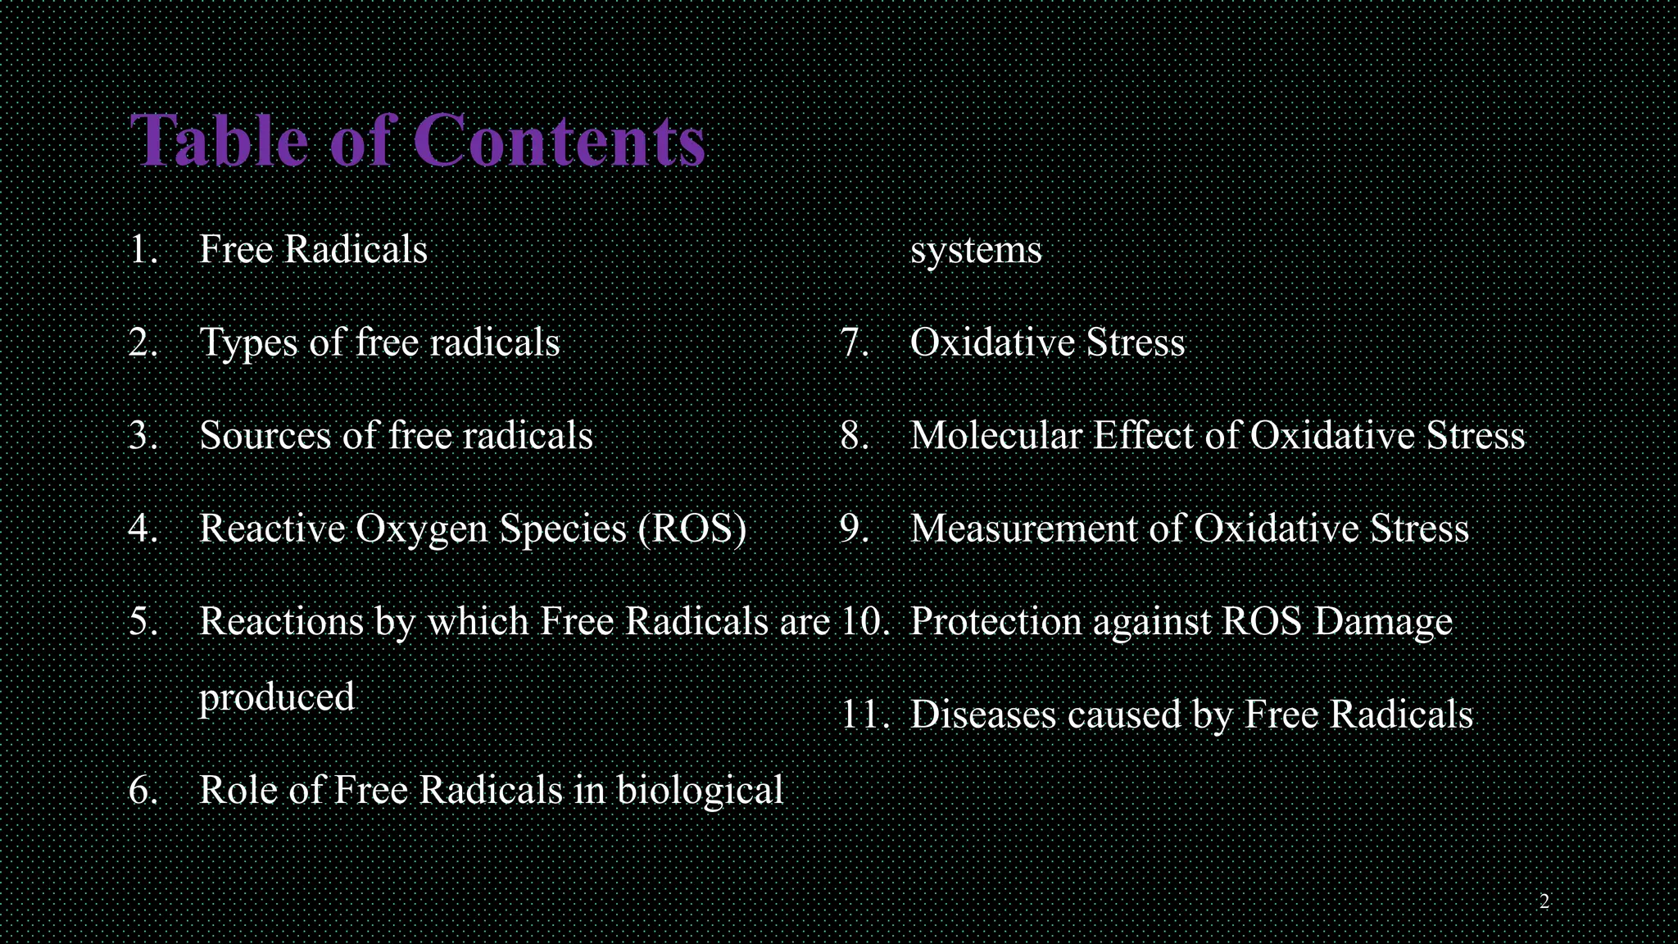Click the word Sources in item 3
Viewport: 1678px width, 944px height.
(264, 435)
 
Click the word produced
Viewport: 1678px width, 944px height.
(277, 698)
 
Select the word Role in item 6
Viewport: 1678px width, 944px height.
(238, 790)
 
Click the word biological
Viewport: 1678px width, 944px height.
(700, 792)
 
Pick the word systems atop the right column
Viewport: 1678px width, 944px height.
(976, 251)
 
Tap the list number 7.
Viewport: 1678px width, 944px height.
(855, 343)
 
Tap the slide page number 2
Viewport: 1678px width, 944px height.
(1544, 902)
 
